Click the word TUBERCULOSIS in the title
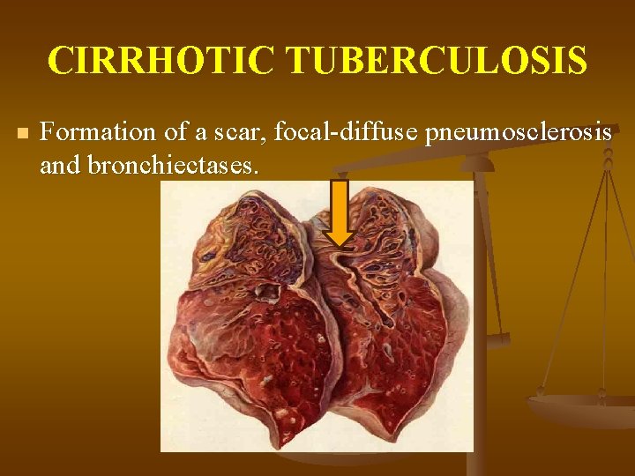[x=437, y=61]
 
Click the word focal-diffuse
[x=345, y=133]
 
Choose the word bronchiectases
[x=172, y=165]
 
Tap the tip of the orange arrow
[x=340, y=242]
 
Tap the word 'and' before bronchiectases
[x=59, y=165]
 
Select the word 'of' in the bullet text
[x=177, y=133]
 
